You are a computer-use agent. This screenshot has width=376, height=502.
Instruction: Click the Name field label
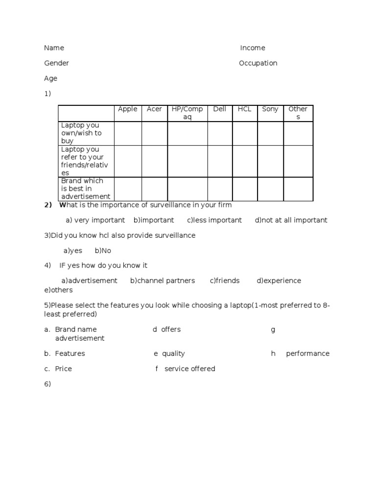pos(54,48)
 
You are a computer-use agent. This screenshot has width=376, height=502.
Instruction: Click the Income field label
pos(253,48)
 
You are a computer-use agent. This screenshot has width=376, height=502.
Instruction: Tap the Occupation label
pos(258,63)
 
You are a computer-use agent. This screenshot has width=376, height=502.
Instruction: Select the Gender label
pos(56,63)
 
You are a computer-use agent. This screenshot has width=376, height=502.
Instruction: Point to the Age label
pos(50,78)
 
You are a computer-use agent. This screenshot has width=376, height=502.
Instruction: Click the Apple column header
pos(128,109)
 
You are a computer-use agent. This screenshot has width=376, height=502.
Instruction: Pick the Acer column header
pos(154,109)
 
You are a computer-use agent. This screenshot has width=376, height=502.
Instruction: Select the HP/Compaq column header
pos(187,113)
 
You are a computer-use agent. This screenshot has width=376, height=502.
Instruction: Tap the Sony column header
pos(270,109)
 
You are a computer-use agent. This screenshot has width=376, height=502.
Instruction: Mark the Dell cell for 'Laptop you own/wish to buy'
pos(220,133)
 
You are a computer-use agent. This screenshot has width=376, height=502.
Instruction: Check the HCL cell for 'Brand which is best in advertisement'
pos(245,189)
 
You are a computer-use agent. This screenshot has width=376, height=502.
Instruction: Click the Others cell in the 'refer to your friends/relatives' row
pos(298,161)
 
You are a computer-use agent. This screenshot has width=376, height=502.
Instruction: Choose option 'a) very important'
pos(95,220)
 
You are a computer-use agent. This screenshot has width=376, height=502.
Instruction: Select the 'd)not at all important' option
pos(291,220)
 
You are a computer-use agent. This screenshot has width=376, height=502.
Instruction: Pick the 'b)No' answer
pos(103,251)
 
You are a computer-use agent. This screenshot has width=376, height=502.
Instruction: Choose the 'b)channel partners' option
pos(163,281)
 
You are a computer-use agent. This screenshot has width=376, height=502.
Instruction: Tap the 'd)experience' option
pos(279,281)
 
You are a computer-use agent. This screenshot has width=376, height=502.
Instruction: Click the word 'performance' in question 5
pos(307,353)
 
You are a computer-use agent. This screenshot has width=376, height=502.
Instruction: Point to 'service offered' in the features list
pos(189,369)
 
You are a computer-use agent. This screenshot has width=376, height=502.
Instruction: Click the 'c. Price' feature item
pos(58,369)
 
